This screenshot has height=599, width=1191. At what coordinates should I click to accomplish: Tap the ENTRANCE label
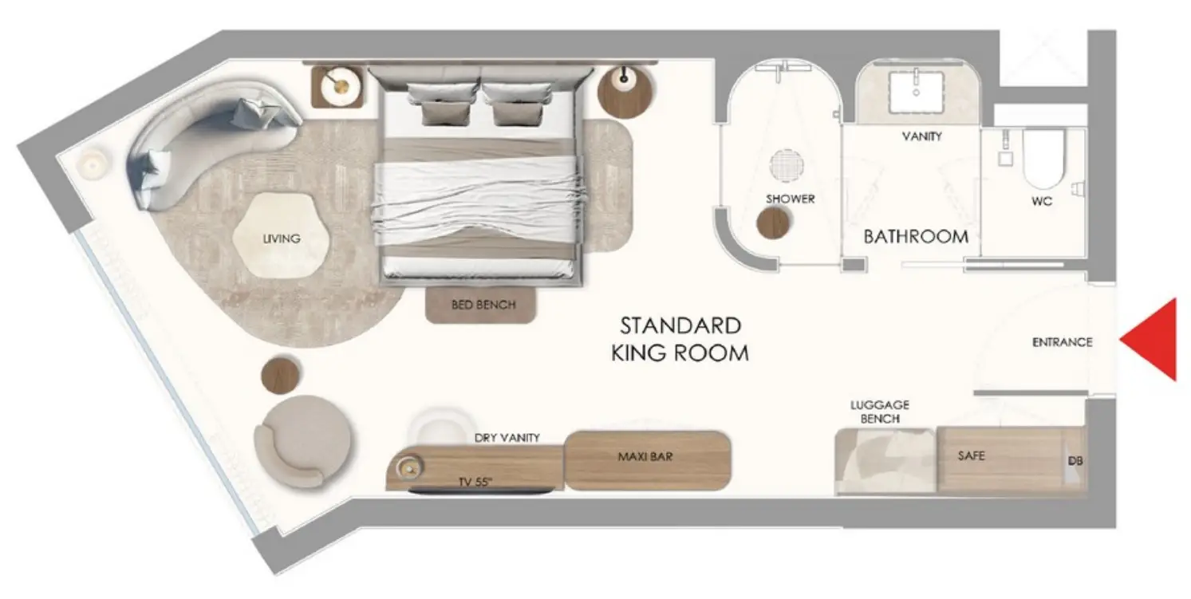click(x=1063, y=342)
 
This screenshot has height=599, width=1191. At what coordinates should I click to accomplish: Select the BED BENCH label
click(x=483, y=305)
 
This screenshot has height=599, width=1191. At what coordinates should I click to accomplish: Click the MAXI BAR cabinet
click(x=648, y=460)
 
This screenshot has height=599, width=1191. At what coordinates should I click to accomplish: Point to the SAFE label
click(x=972, y=455)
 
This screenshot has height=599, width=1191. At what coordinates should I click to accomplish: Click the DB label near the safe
click(x=1075, y=461)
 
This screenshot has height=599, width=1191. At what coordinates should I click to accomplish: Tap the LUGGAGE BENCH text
click(x=880, y=412)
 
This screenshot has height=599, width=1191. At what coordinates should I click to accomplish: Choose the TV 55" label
click(x=475, y=482)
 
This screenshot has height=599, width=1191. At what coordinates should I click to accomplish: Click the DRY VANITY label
click(x=507, y=437)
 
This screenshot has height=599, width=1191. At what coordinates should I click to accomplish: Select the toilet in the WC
click(x=1043, y=159)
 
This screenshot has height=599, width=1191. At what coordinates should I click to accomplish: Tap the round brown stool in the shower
click(x=772, y=223)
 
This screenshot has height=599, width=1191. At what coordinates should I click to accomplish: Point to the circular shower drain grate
click(x=786, y=165)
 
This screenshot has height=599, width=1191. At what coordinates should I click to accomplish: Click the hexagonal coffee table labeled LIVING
click(x=281, y=235)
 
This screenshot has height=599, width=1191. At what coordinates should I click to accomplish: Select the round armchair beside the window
click(x=302, y=441)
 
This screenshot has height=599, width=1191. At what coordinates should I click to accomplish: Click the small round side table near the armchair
click(x=280, y=375)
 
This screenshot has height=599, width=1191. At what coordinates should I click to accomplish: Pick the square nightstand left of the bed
click(x=337, y=87)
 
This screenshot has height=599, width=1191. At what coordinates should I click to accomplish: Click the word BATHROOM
click(x=916, y=237)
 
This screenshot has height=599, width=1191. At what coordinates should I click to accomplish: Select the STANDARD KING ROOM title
click(x=680, y=339)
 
